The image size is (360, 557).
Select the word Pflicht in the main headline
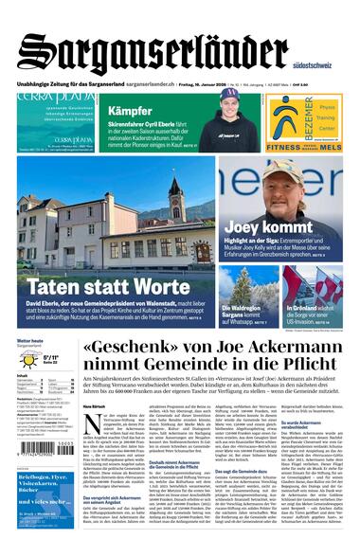(284, 373)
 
